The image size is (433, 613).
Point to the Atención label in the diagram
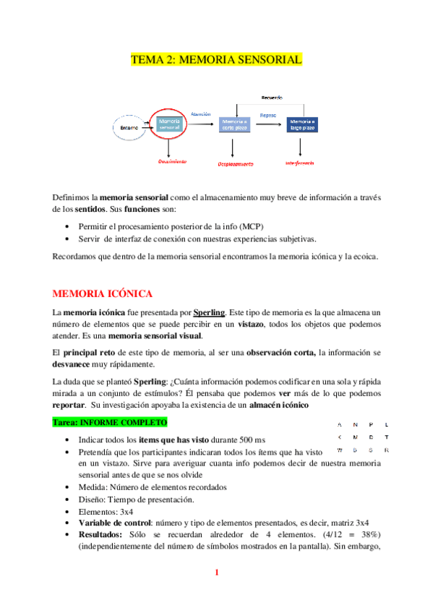tap(200, 113)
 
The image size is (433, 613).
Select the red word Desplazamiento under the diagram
tap(233, 164)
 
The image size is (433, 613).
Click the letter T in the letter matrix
tap(387, 437)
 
